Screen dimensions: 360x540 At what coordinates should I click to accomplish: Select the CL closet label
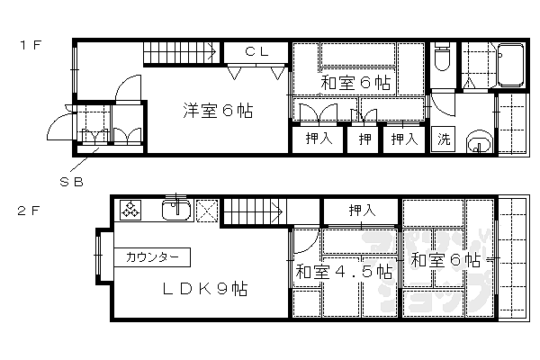click(257, 52)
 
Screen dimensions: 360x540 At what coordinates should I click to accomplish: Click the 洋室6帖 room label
click(218, 112)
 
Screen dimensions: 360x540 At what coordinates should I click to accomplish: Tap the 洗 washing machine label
click(444, 139)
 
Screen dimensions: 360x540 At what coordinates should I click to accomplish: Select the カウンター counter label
click(152, 256)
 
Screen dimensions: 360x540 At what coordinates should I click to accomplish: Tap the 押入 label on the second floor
click(361, 211)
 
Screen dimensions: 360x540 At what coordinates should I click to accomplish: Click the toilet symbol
click(441, 58)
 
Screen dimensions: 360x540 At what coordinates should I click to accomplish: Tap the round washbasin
click(481, 142)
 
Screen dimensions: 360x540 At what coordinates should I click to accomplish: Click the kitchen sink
click(175, 211)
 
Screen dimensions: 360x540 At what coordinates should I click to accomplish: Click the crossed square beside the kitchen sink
click(207, 211)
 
